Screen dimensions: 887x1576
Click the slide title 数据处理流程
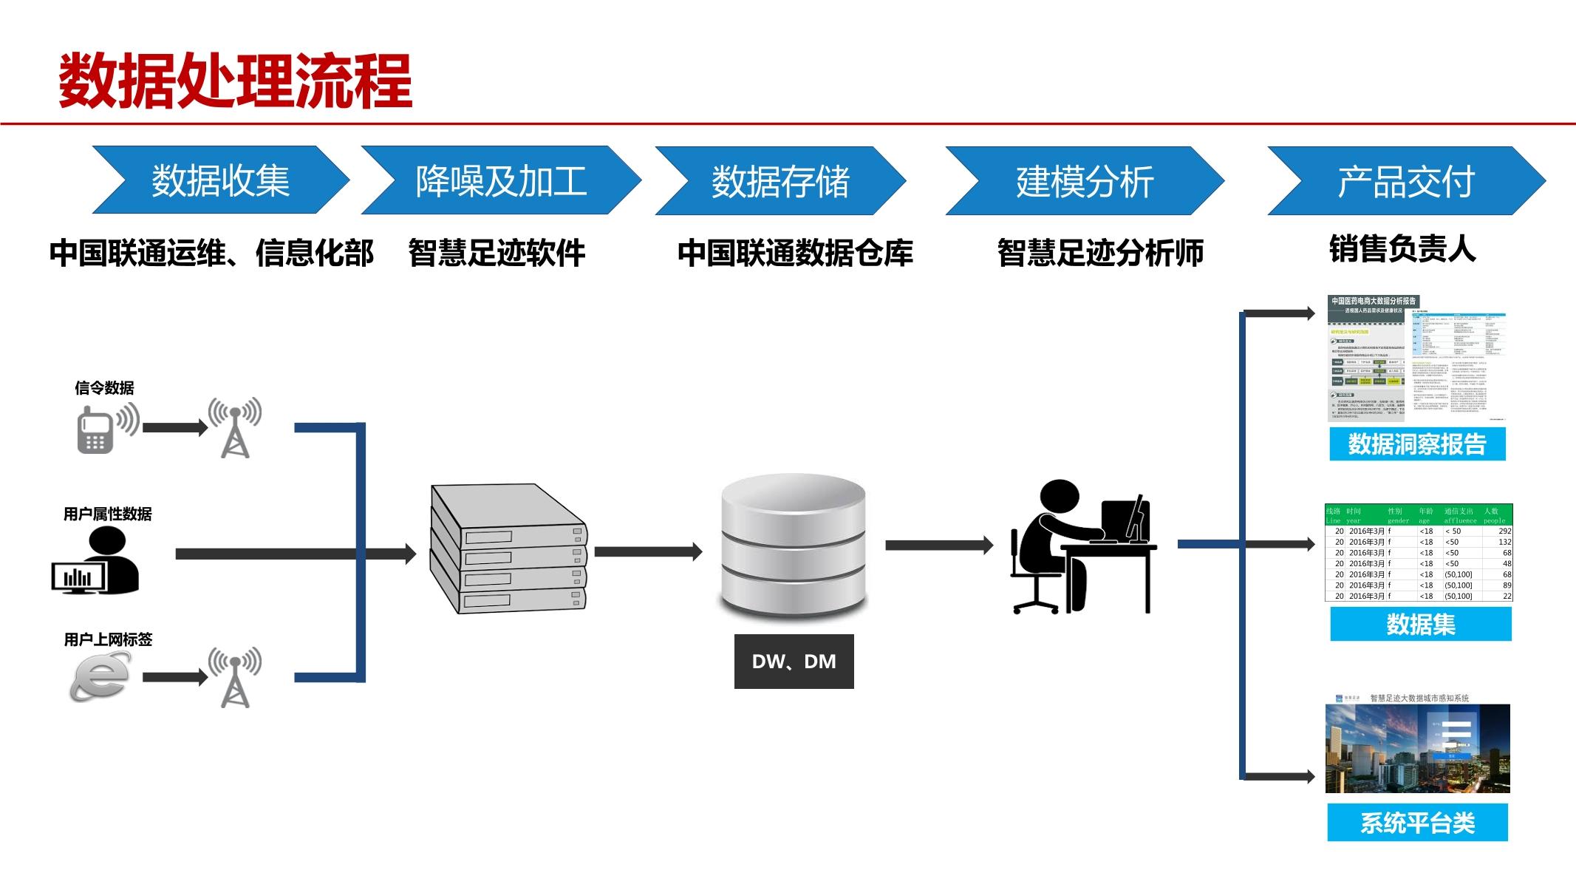(x=235, y=81)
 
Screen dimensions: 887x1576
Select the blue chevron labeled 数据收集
(x=220, y=181)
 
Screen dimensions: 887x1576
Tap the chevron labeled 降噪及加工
(x=501, y=181)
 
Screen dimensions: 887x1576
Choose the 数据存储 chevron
(x=780, y=181)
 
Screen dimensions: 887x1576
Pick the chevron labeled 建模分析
(x=1084, y=181)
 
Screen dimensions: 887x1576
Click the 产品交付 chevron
(x=1405, y=181)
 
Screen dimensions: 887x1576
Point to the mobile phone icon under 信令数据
(x=96, y=430)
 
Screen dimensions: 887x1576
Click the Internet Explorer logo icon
(x=99, y=676)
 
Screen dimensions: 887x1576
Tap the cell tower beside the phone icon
(x=235, y=428)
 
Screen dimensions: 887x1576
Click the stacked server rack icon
(x=508, y=548)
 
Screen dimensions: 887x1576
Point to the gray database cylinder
(x=793, y=545)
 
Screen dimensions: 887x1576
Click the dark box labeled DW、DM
(x=794, y=662)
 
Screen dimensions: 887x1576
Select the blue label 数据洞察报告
(x=1416, y=444)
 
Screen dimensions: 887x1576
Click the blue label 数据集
(x=1420, y=625)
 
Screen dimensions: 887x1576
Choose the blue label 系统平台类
(x=1416, y=823)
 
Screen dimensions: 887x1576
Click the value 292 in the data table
(x=1504, y=531)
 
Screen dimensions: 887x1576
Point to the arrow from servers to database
(x=647, y=551)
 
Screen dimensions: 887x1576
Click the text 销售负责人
(x=1402, y=249)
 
